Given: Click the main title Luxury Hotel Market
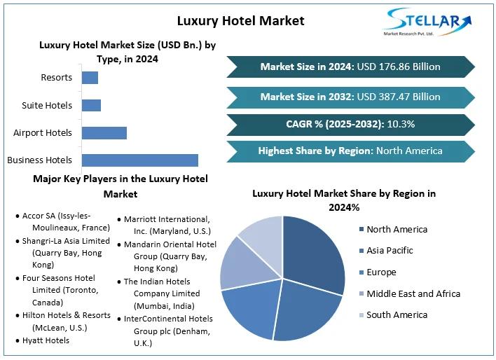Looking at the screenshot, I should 240,20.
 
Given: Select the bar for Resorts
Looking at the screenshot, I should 90,77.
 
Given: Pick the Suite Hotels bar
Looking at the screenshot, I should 91,105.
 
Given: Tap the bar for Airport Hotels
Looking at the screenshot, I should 104,132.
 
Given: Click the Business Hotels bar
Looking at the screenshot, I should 139,160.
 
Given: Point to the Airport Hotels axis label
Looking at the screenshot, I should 43,132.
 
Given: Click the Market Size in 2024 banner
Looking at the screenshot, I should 350,67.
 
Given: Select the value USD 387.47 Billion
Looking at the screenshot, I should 399,97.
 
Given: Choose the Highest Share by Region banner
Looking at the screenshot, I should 350,151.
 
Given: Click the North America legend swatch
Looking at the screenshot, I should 361,229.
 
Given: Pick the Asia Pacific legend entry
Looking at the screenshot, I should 390,250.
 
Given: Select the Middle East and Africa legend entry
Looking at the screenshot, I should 413,293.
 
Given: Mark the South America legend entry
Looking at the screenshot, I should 397,314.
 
